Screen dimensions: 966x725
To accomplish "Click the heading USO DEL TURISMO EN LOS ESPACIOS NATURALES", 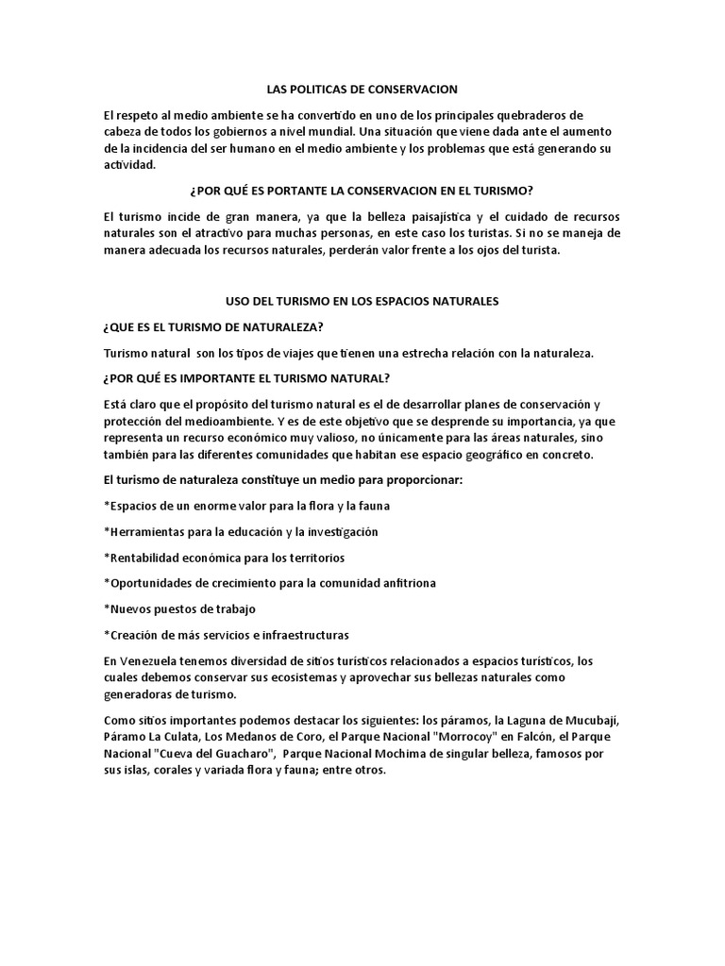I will (362, 301).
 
